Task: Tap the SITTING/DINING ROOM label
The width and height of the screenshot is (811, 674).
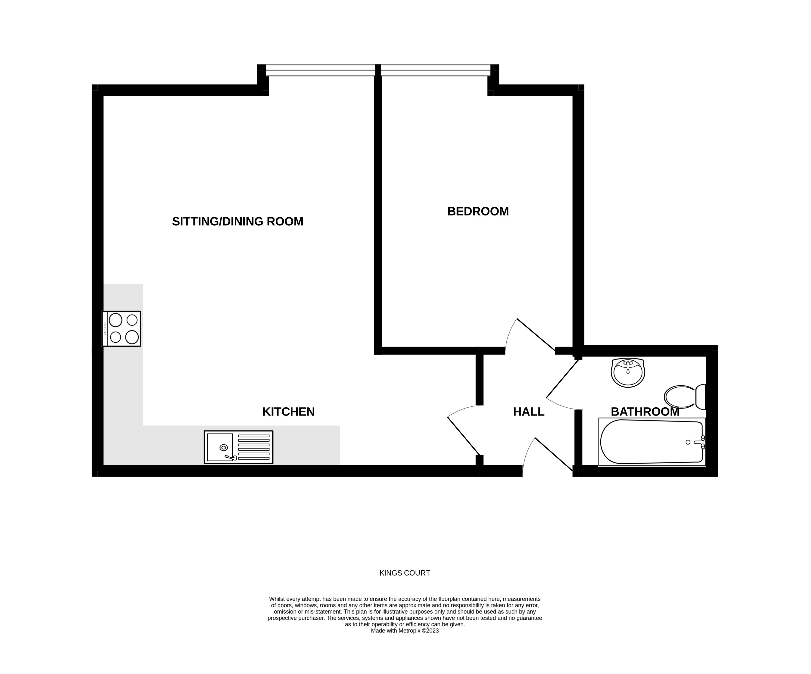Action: pos(237,222)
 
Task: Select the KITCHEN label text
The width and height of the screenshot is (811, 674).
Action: pos(288,412)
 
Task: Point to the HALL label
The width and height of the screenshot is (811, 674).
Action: pos(528,412)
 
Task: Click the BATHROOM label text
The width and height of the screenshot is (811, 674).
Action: pos(645,412)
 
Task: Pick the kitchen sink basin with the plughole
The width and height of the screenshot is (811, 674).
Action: pos(220,447)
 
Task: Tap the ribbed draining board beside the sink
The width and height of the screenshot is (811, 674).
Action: pos(254,447)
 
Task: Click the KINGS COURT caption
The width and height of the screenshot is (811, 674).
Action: pos(405,573)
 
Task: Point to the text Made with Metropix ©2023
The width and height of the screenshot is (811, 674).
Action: pos(405,631)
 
